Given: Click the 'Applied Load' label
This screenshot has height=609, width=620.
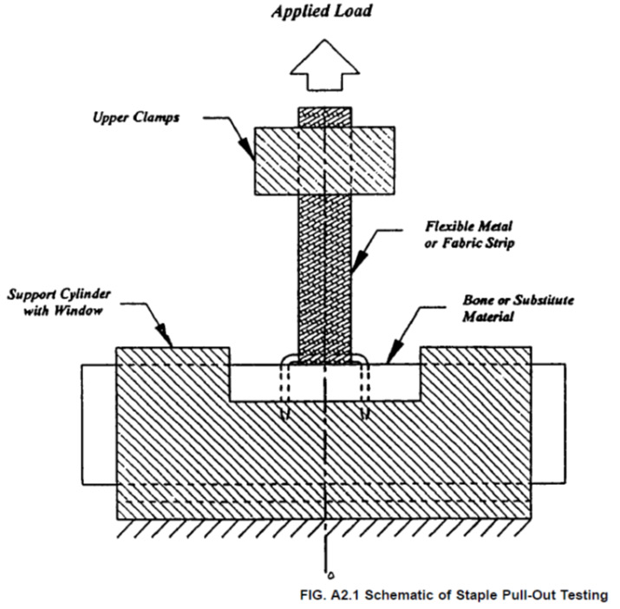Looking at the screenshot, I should (x=323, y=12).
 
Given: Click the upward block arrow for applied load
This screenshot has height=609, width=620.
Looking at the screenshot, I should (x=324, y=64).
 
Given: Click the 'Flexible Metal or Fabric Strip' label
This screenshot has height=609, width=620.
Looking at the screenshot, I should (x=469, y=234).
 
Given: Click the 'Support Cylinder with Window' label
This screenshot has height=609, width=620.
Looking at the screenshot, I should (x=55, y=300).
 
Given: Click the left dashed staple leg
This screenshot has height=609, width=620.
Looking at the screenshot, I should (x=286, y=390).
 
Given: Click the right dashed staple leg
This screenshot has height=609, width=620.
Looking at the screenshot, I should (x=366, y=390).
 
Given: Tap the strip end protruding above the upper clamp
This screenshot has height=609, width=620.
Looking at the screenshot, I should (x=324, y=116).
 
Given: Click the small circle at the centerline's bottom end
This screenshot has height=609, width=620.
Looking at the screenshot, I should (x=326, y=573).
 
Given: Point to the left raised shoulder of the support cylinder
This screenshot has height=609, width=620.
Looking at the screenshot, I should (x=173, y=364).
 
